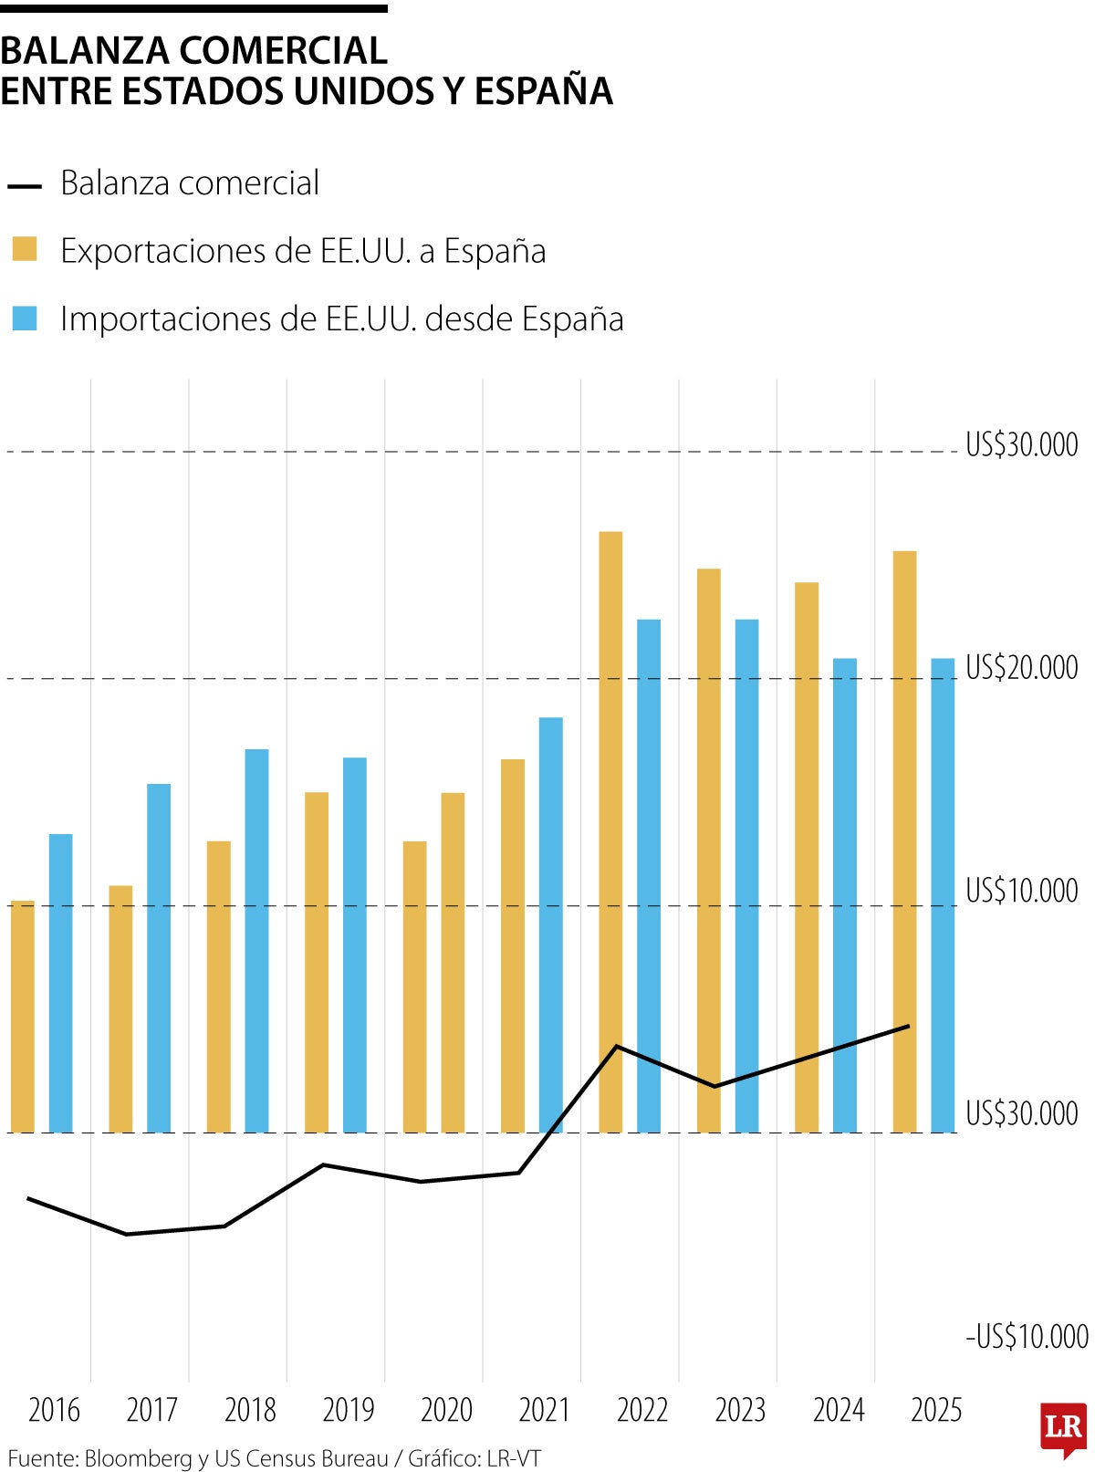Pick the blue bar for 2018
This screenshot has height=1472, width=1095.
point(256,940)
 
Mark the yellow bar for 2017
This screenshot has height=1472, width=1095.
point(120,1008)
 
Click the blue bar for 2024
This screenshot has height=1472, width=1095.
point(845,894)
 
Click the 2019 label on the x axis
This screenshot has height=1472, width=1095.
point(349,1410)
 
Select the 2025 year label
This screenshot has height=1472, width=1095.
point(936,1410)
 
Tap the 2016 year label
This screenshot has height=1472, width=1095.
point(55,1410)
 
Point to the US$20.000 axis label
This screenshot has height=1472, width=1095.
point(1021,667)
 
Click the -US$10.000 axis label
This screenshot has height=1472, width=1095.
point(1027,1337)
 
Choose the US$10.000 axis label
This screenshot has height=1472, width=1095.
point(1021,890)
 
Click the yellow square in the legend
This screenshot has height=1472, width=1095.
point(25,249)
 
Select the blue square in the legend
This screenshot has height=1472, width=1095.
point(25,318)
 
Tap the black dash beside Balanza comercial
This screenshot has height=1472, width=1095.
point(25,186)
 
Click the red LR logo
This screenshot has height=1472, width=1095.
point(1063,1428)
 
